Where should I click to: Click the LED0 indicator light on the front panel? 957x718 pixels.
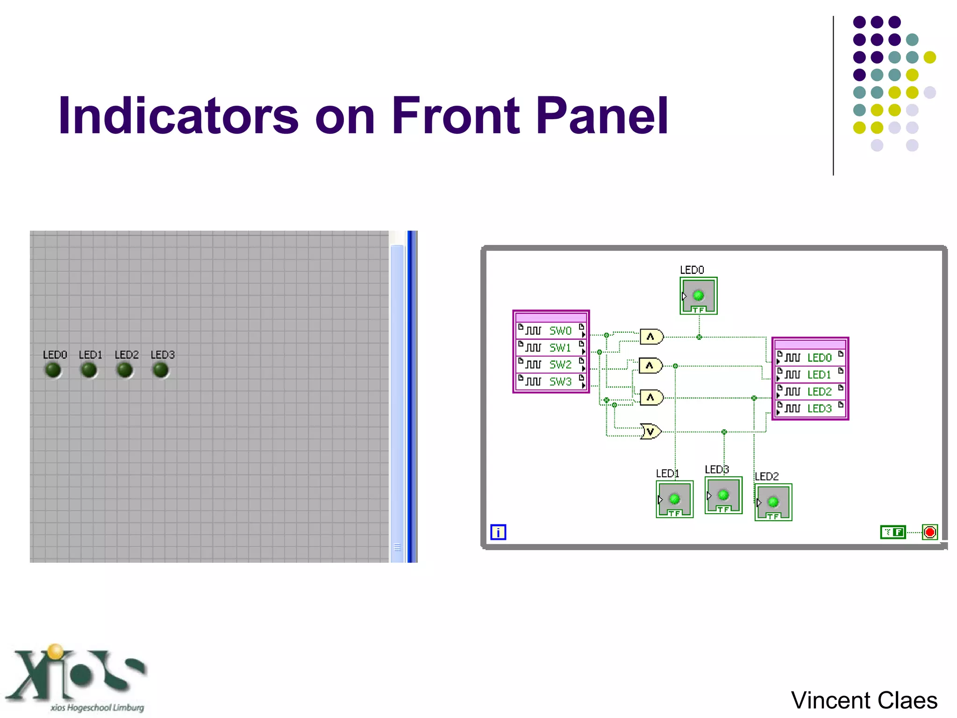pos(53,370)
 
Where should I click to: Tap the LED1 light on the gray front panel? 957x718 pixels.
pos(89,370)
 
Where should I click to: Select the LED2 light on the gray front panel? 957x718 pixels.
pos(125,370)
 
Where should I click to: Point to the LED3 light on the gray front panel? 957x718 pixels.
pos(161,370)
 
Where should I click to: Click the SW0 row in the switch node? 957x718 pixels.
pos(551,331)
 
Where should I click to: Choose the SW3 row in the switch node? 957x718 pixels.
pos(551,382)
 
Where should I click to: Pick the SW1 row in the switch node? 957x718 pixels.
pos(551,348)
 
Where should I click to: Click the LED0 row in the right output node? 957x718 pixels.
pos(810,358)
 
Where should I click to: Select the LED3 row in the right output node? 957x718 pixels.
pos(810,409)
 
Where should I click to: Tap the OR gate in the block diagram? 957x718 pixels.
pos(651,431)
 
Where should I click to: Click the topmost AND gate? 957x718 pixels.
pos(651,337)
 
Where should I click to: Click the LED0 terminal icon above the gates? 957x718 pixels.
pos(699,296)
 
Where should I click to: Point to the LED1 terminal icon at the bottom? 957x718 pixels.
pos(674,500)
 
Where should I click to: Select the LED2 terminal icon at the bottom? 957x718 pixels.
pos(773,503)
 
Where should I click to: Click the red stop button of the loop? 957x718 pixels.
pos(930,532)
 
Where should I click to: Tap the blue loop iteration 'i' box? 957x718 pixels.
pos(498,532)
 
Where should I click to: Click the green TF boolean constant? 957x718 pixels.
pos(893,532)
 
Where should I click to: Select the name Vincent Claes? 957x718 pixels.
pos(864,700)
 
